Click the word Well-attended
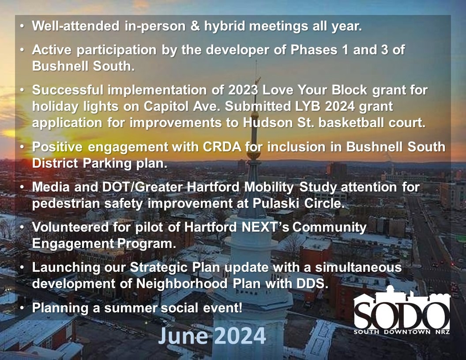coord(76,26)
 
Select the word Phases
coord(314,49)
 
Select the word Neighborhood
coord(182,284)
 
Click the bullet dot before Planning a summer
coord(22,308)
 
